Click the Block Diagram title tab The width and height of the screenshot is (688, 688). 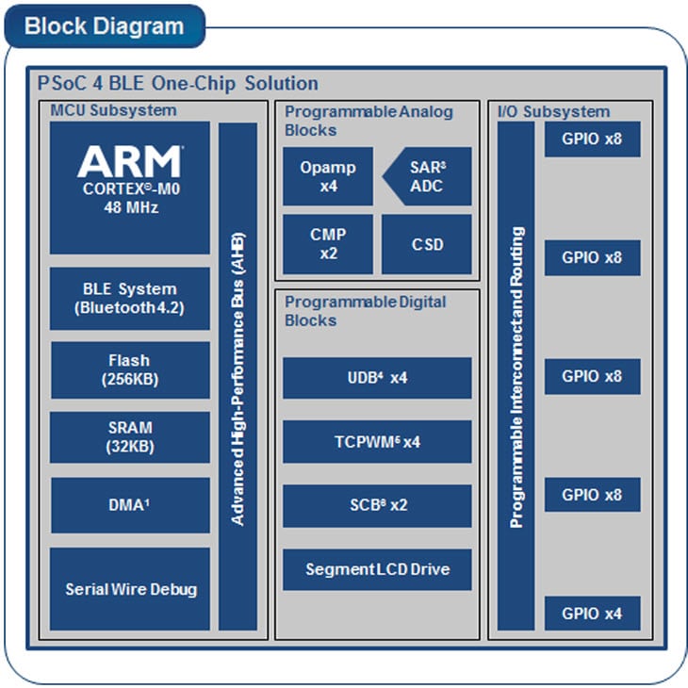point(104,25)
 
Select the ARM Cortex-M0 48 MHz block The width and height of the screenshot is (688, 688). point(129,187)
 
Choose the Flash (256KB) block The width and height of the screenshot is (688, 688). point(129,369)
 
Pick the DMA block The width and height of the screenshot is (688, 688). point(129,505)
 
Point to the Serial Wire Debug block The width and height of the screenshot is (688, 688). point(129,589)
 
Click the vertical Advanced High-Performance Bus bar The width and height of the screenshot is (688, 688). point(238,376)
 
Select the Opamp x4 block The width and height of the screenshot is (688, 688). point(327,176)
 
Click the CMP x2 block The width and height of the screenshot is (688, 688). point(327,243)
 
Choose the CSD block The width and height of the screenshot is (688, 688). point(426,243)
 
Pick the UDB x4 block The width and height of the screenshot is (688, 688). point(377,378)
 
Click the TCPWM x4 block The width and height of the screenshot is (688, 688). point(377,441)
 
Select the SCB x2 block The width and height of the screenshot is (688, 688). point(377,505)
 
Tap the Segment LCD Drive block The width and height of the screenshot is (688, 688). point(377,569)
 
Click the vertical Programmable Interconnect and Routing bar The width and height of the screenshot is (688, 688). point(516,376)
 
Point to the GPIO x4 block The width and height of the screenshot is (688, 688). point(592,614)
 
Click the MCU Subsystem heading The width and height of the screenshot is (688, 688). point(113,111)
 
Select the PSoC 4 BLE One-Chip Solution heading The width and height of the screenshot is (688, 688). point(178,83)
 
